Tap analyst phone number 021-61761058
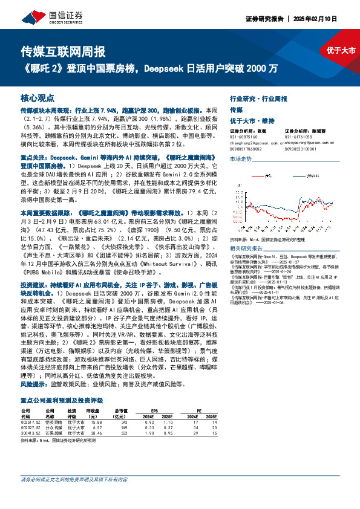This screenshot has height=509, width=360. (x=298, y=137)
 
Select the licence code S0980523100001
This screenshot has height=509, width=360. (x=301, y=148)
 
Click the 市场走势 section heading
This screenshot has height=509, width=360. (x=241, y=158)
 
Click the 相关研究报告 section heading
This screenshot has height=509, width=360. (x=247, y=248)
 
